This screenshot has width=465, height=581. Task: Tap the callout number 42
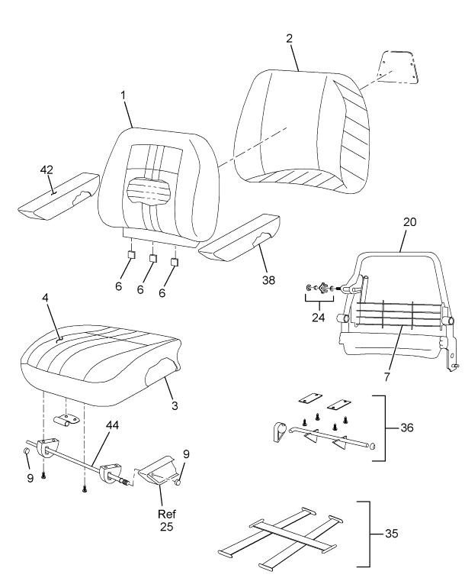[x=46, y=170]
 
